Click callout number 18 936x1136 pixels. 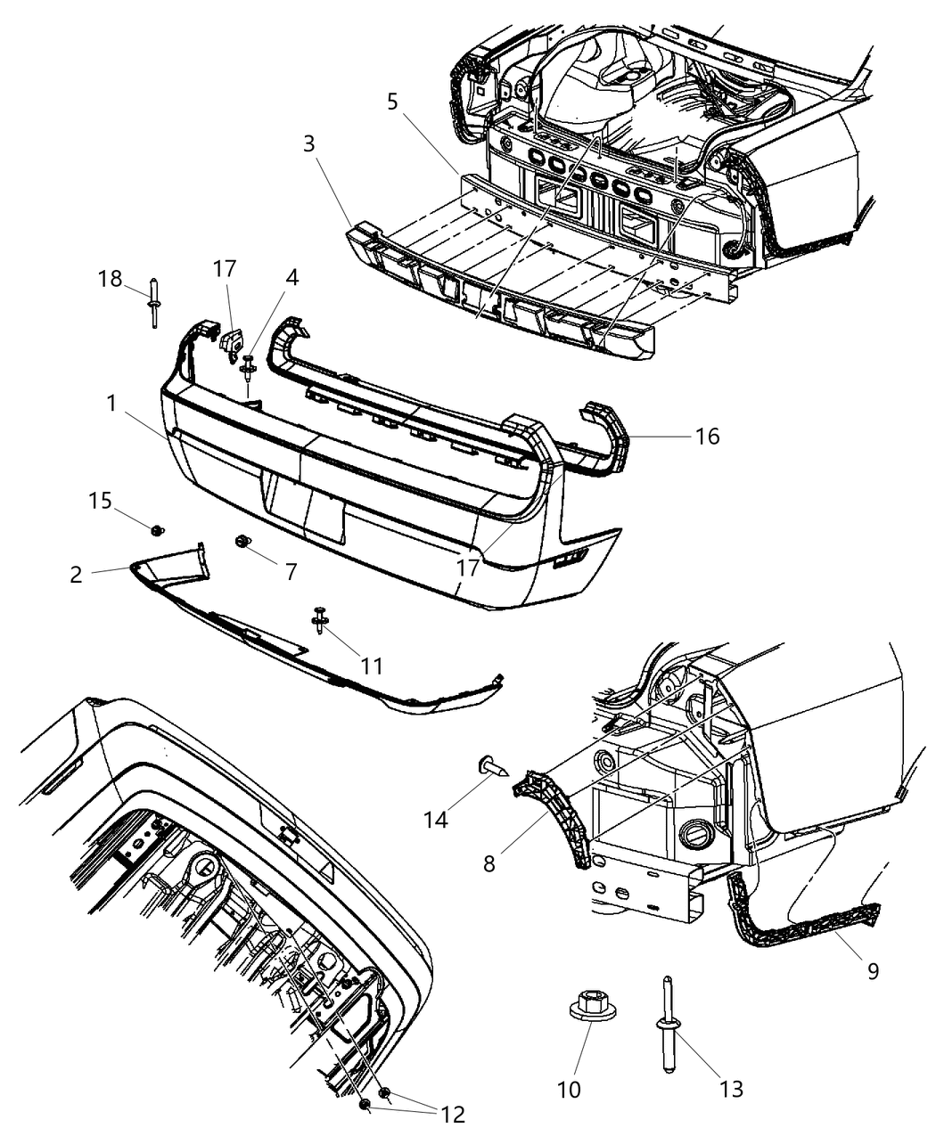pyautogui.click(x=110, y=279)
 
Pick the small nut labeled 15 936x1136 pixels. pyautogui.click(x=158, y=531)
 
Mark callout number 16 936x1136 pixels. pyautogui.click(x=708, y=437)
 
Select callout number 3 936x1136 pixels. pyautogui.click(x=308, y=143)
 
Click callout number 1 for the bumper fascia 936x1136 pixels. pyautogui.click(x=111, y=404)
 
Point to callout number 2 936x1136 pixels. pyautogui.click(x=76, y=575)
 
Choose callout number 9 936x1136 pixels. pyautogui.click(x=873, y=969)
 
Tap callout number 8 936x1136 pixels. pyautogui.click(x=489, y=862)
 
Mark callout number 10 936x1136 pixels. pyautogui.click(x=569, y=1089)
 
